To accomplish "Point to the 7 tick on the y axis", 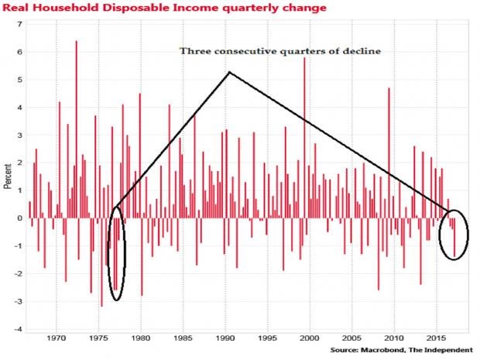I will (x=19, y=25).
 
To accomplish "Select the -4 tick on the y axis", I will (x=19, y=329).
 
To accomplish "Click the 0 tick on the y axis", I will (x=19, y=218).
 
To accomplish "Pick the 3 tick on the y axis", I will (x=19, y=135).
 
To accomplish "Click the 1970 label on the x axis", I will (x=57, y=338).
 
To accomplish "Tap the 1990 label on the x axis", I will (x=225, y=338).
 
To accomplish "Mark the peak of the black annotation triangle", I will (x=228, y=73).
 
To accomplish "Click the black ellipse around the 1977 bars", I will (x=116, y=253).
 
